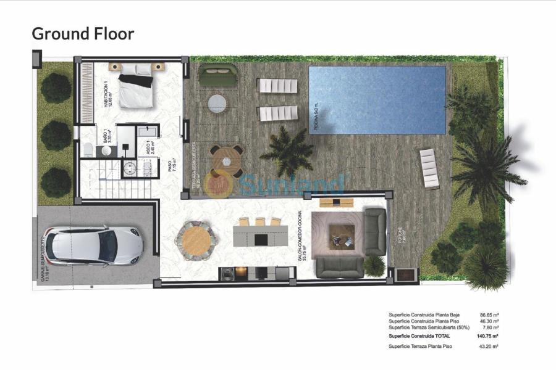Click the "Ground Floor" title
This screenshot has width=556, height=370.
pyautogui.click(x=83, y=33)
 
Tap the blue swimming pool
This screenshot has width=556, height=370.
pyautogui.click(x=377, y=100)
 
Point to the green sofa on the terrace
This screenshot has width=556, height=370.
pyautogui.click(x=217, y=76)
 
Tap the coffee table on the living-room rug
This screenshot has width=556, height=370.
pyautogui.click(x=342, y=234)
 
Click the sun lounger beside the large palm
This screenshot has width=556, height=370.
pyautogui.click(x=429, y=168)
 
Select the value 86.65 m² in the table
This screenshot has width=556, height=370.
pyautogui.click(x=489, y=315)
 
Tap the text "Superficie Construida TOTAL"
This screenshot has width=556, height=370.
pyautogui.click(x=419, y=337)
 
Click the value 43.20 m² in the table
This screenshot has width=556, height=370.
pyautogui.click(x=489, y=347)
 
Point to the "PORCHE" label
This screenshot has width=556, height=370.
pyautogui.click(x=400, y=233)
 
